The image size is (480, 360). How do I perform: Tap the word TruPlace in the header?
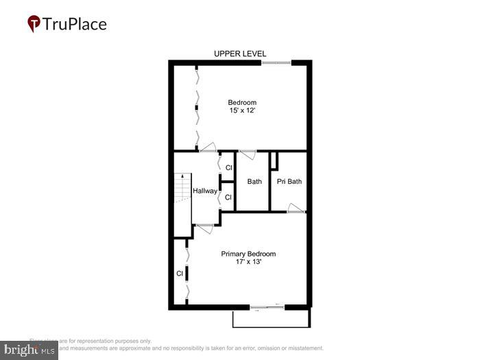click(x=75, y=25)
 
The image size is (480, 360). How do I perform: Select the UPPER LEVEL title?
click(x=240, y=53)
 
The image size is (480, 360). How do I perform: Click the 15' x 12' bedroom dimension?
click(x=242, y=110)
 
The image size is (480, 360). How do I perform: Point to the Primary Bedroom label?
click(x=248, y=254)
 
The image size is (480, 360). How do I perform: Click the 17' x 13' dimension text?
click(x=248, y=262)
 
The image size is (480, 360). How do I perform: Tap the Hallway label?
click(x=204, y=191)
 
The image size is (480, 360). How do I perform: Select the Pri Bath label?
click(x=289, y=182)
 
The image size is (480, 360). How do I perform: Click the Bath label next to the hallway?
click(x=254, y=182)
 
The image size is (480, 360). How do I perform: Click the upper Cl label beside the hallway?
click(x=229, y=168)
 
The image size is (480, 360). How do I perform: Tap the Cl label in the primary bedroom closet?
click(x=180, y=273)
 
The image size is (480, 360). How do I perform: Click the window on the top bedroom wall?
click(x=276, y=63)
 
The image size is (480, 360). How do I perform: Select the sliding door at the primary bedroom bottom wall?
click(x=268, y=307)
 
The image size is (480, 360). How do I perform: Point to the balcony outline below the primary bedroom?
click(x=272, y=320)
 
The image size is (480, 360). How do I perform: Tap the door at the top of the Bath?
click(x=247, y=154)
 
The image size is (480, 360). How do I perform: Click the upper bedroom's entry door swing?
click(x=207, y=147)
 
